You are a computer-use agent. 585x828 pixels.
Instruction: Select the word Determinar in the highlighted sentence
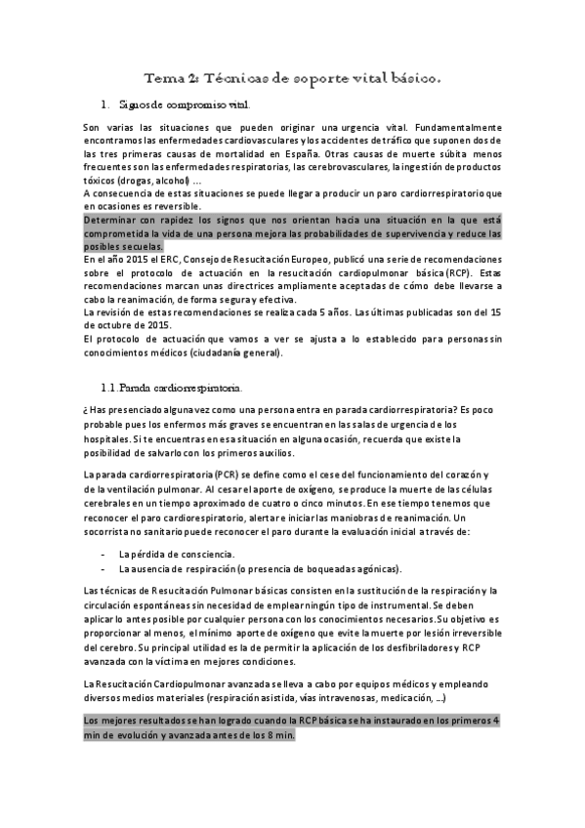point(115,221)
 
